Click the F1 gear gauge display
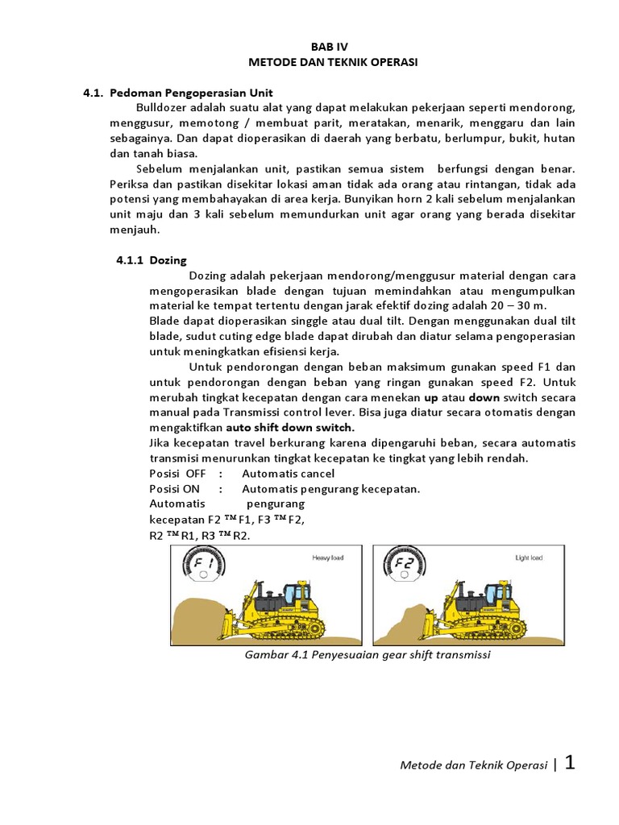206,564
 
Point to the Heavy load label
326,557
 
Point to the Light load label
529,557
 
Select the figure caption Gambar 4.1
368,654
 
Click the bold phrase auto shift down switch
289,428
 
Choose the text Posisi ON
176,489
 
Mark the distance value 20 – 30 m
517,306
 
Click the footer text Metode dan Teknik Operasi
474,765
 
